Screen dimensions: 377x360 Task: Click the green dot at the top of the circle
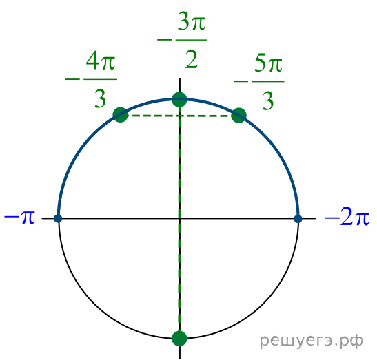(x=179, y=99)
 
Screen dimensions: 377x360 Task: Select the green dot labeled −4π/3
(x=120, y=115)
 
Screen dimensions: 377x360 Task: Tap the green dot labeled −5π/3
(x=238, y=116)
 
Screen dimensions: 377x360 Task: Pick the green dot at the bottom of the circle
(x=179, y=339)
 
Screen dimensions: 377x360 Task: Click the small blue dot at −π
(x=58, y=218)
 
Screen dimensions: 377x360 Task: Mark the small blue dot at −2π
(x=298, y=219)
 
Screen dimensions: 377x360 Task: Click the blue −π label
(x=20, y=218)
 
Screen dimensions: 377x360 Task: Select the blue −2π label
(x=347, y=218)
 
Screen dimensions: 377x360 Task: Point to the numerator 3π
(x=192, y=21)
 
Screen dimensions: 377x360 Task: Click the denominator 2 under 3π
(x=192, y=59)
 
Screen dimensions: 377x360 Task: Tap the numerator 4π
(x=101, y=61)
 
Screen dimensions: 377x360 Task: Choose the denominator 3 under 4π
(x=100, y=98)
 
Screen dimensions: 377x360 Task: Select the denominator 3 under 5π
(x=268, y=101)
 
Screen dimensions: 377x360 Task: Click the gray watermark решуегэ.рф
(x=312, y=341)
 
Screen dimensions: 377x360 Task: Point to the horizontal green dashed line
(x=180, y=116)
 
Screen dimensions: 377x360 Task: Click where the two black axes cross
(x=180, y=218)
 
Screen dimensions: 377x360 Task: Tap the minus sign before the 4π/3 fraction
(x=72, y=78)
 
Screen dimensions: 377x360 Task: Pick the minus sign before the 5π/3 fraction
(x=241, y=81)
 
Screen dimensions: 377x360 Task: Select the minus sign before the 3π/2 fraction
(x=164, y=40)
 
